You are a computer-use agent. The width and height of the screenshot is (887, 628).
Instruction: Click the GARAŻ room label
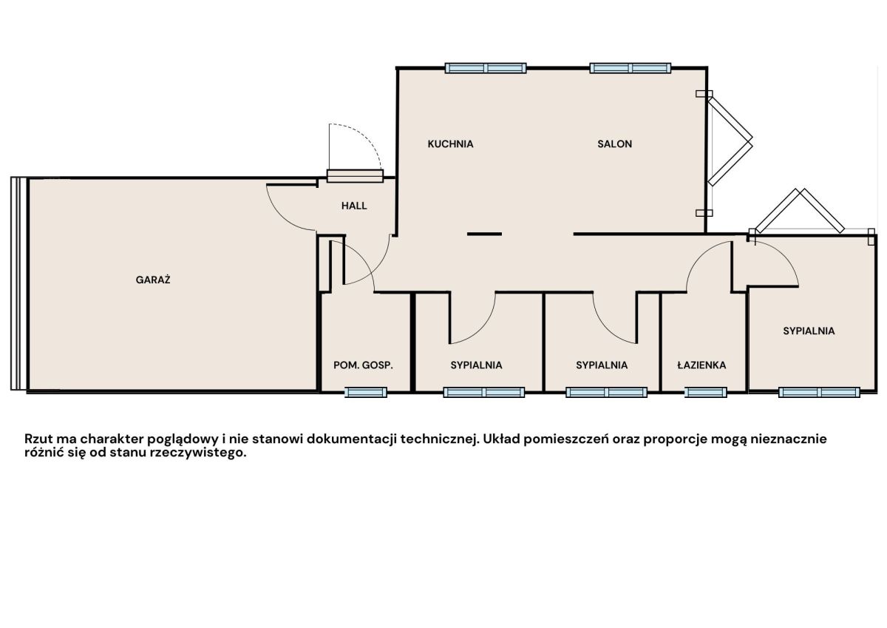coord(153,280)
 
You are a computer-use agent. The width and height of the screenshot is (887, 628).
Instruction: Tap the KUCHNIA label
coord(450,144)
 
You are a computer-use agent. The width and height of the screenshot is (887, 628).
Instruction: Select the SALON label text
coord(614,144)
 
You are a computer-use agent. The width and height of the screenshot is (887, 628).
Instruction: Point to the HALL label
coord(354,206)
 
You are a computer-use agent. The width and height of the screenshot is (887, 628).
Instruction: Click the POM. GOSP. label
coord(363,365)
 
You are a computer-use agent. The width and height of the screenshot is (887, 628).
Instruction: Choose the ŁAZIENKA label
coord(701,365)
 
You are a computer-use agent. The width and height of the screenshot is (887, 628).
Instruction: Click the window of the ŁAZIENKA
coord(706,392)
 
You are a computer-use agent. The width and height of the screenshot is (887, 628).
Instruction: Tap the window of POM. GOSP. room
coord(365,392)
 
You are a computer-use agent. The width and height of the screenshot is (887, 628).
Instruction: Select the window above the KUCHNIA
coord(486,68)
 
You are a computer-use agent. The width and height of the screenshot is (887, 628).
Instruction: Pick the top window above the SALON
coord(631,68)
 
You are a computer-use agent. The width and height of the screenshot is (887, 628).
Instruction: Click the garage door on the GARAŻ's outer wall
coord(18,284)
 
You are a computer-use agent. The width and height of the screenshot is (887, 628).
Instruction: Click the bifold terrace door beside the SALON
coord(730,138)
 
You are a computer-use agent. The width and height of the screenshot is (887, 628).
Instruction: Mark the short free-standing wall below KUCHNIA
coord(484,234)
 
